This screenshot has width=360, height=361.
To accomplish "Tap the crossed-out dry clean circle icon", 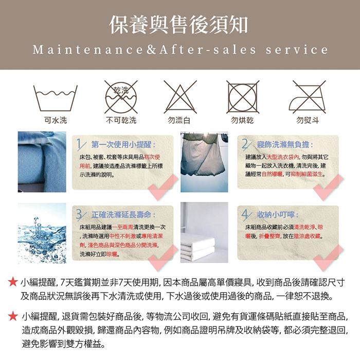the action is coord(121,97).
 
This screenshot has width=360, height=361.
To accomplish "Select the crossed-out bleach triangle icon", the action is coord(180,97).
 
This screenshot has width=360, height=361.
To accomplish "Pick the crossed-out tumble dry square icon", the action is coord(243,97).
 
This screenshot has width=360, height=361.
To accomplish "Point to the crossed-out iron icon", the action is coord(308,97).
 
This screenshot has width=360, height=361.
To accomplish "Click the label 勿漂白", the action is coord(179,121).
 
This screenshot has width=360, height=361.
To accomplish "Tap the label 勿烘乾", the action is coord(242,121).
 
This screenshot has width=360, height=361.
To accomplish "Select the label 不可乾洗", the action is coord(121,121).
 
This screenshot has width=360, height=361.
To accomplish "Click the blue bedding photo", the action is coord(42,162).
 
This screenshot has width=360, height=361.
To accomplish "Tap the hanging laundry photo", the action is coord(204,162).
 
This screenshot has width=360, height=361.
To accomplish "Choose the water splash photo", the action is coord(42,233).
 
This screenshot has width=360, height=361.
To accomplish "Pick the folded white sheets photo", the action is coord(204,233).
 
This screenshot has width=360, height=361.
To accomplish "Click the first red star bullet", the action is coord(13,282).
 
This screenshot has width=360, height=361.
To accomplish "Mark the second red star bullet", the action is coord(13,316).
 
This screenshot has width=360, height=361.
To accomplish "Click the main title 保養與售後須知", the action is coord(179,25).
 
